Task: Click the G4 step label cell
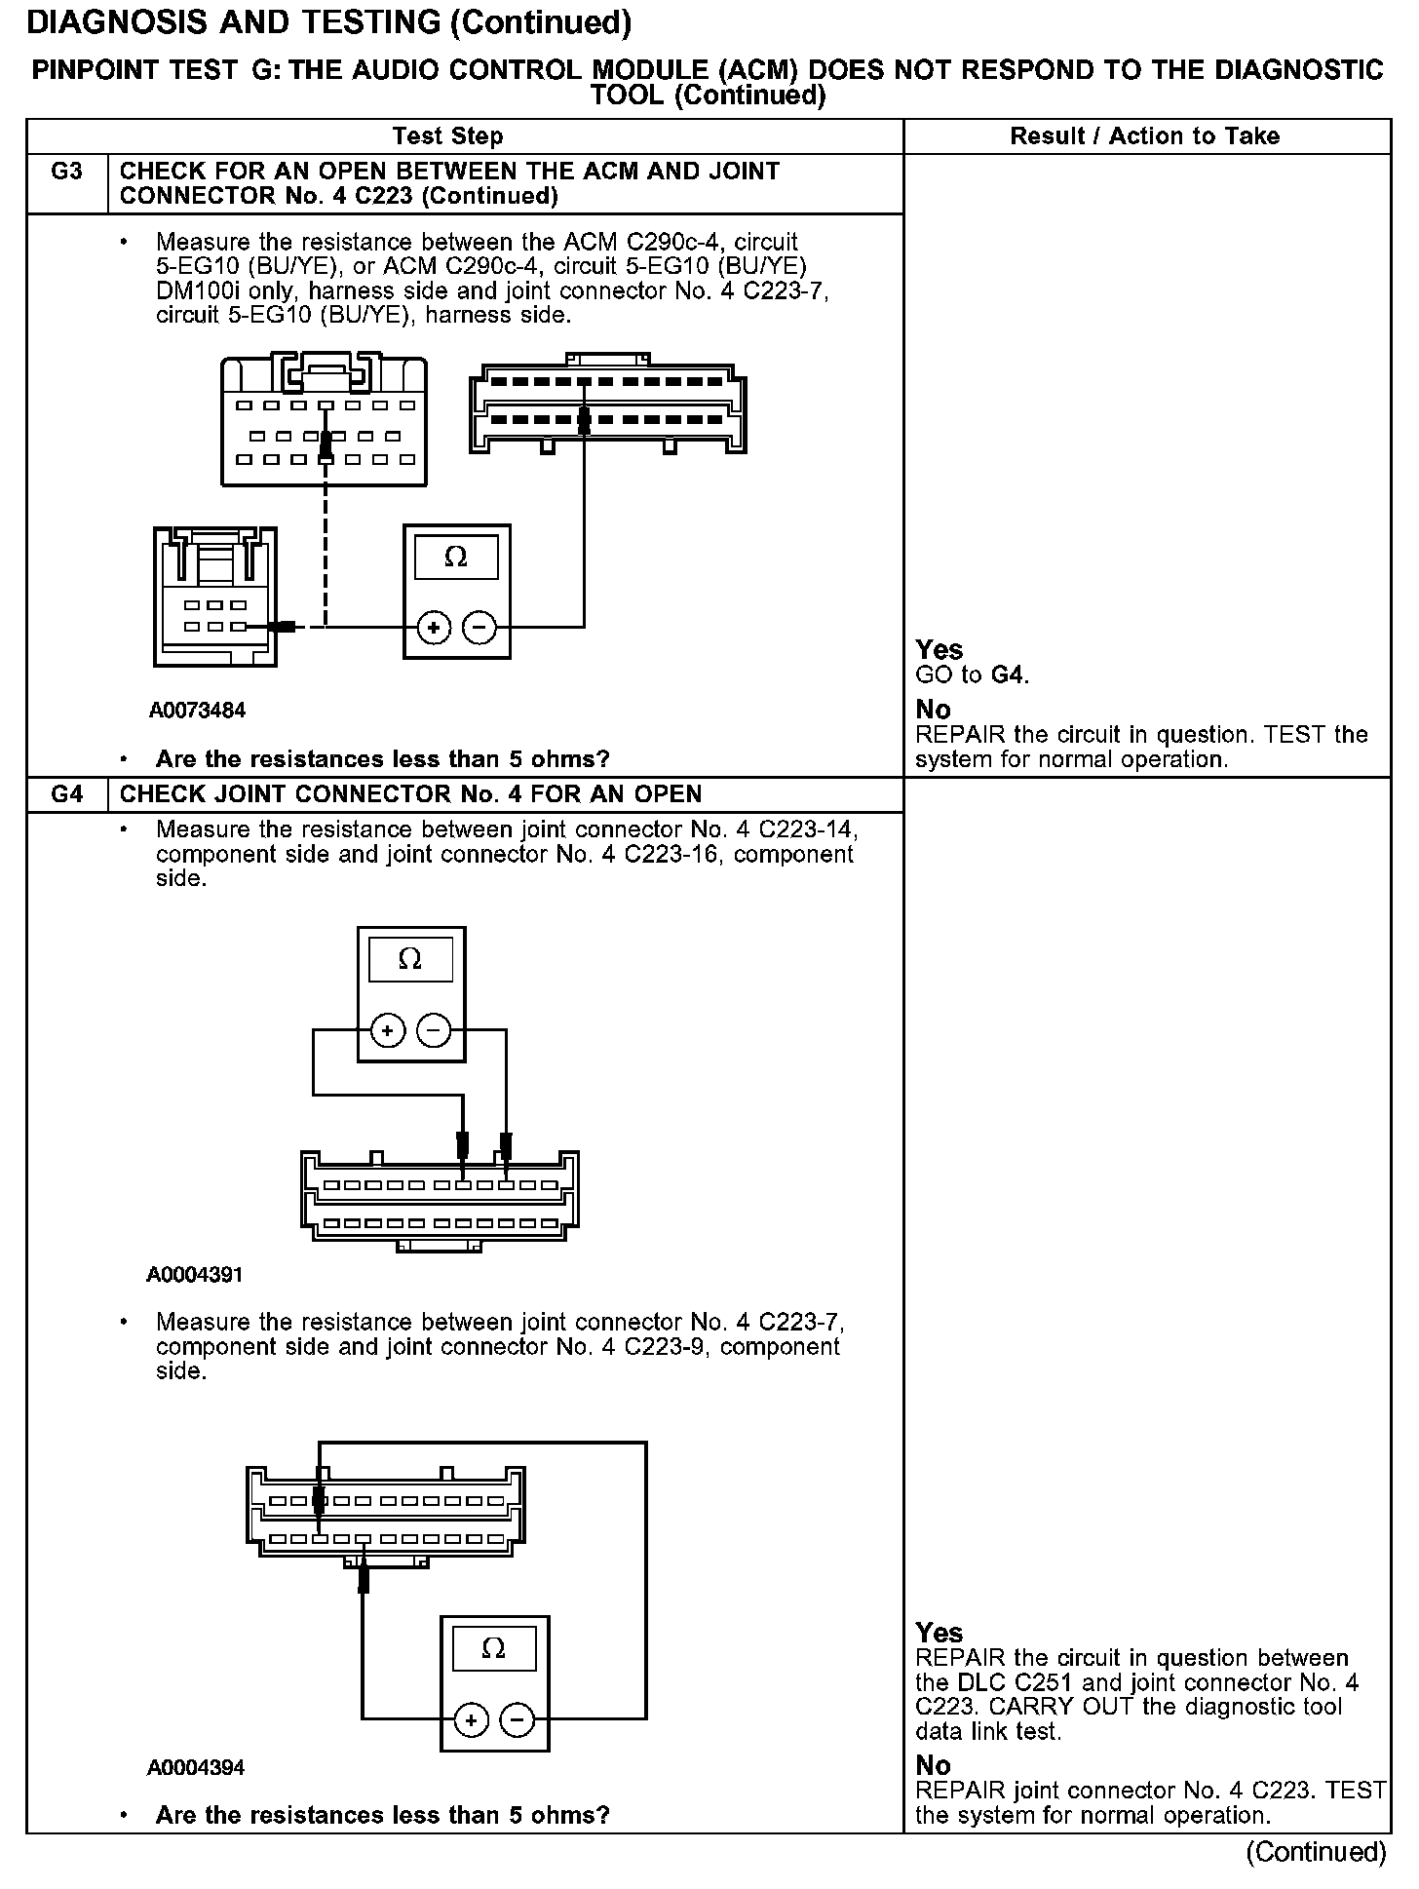tap(66, 794)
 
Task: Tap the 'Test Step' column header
tap(447, 136)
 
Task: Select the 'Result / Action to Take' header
tap(1145, 136)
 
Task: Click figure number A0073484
tap(197, 711)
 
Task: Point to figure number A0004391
tap(195, 1275)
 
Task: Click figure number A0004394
tap(195, 1767)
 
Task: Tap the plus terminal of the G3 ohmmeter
tap(434, 628)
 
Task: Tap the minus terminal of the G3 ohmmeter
tap(479, 628)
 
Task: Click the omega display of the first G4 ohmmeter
tap(410, 960)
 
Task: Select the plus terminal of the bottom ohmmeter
tap(472, 1720)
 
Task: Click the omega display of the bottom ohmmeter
tap(494, 1649)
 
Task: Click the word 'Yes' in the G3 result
tap(940, 650)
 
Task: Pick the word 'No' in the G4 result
tap(933, 1765)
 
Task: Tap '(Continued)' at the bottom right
tap(1315, 1852)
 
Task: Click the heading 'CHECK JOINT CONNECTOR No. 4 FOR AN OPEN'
tap(410, 794)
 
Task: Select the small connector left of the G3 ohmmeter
tap(214, 597)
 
